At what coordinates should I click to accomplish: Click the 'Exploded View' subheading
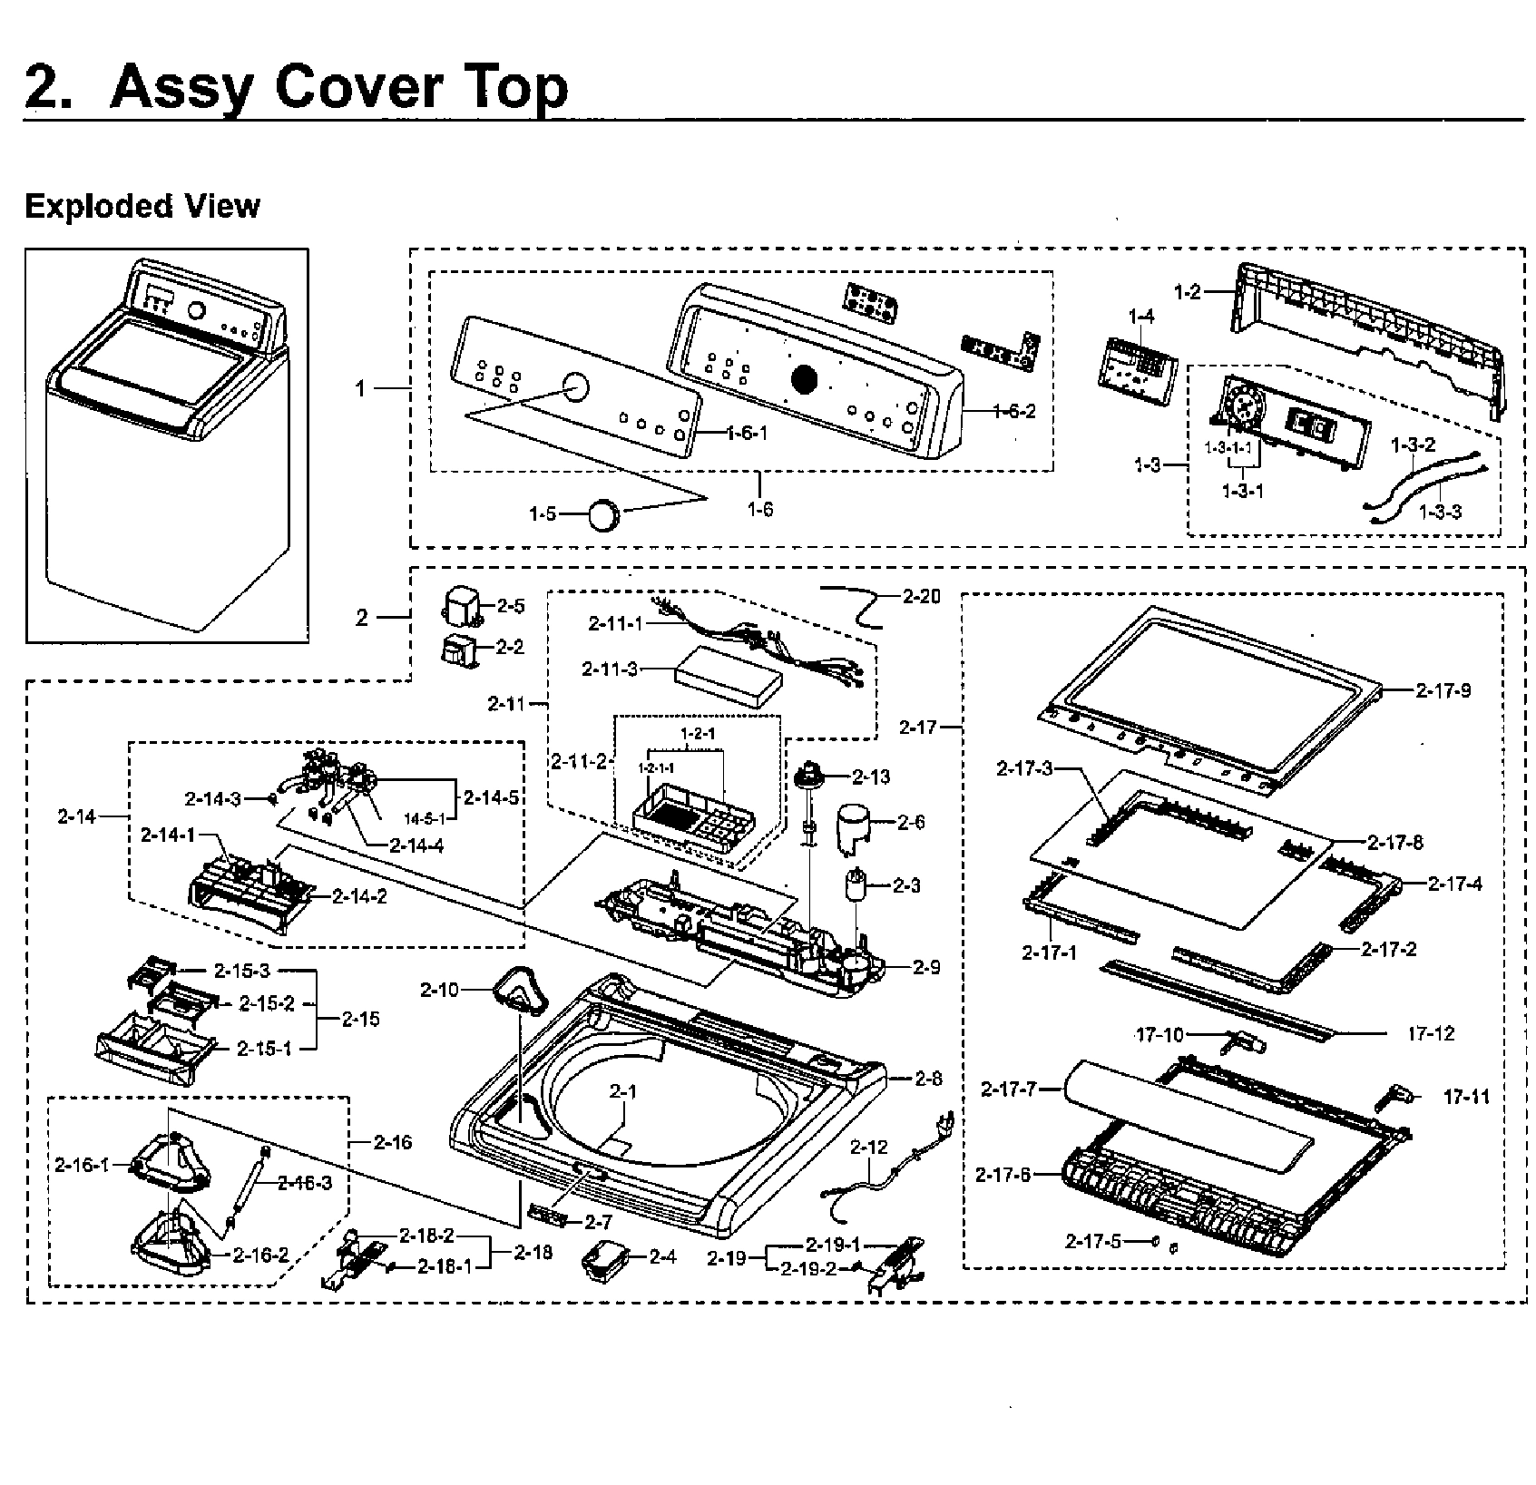(x=142, y=207)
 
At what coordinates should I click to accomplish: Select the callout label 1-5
(x=543, y=514)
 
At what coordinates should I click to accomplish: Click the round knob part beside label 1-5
(x=603, y=514)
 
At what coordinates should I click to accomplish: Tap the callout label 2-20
(x=922, y=596)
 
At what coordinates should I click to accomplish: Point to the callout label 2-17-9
(x=1443, y=690)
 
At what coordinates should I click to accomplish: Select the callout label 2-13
(x=871, y=777)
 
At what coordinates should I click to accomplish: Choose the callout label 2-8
(x=928, y=1079)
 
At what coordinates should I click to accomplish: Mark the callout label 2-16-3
(x=305, y=1183)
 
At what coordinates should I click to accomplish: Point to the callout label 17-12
(x=1431, y=1033)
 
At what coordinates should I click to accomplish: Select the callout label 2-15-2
(x=267, y=1003)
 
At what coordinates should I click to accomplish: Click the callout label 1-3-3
(x=1440, y=512)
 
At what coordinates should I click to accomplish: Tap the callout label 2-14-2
(x=360, y=896)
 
